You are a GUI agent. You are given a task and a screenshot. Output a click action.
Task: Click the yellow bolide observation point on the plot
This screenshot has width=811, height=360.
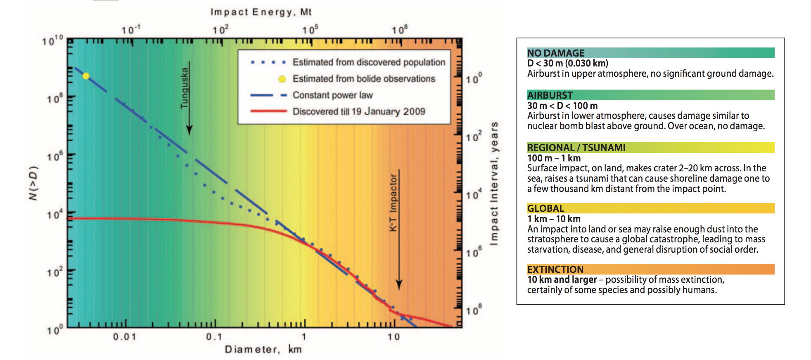pos(86,76)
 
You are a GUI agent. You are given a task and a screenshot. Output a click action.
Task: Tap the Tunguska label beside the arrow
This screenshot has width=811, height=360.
pos(184,88)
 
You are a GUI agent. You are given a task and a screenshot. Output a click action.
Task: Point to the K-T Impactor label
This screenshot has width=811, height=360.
pos(393,202)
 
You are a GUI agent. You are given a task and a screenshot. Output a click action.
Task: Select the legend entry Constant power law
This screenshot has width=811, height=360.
pos(332,95)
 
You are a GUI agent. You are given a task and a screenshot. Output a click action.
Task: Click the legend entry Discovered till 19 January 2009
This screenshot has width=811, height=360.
pos(358,111)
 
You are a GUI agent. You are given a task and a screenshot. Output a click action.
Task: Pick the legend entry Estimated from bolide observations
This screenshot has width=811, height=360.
pos(363,79)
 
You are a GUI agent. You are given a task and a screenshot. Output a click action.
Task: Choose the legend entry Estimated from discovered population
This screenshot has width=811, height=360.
pos(369,62)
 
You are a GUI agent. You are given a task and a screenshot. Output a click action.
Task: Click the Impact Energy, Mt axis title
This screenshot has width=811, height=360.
pos(261,12)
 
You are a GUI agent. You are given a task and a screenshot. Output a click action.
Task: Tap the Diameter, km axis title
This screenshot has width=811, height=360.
pos(263,350)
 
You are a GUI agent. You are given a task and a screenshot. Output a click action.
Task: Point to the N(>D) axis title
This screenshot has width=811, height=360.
pos(33,183)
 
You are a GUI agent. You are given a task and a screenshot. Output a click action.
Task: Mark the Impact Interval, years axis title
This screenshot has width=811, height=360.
pos(494,184)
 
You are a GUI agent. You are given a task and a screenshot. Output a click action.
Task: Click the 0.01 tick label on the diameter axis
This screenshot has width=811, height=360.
pos(125,337)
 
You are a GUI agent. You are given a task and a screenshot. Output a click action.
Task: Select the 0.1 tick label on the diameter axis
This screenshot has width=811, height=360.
pos(214,337)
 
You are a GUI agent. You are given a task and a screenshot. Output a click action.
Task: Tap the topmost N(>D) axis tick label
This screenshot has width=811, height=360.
pos(52,40)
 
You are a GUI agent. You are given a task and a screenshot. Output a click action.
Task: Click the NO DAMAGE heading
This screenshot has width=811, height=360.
pos(556,53)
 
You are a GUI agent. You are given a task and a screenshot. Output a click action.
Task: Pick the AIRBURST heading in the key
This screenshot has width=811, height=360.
pos(550,95)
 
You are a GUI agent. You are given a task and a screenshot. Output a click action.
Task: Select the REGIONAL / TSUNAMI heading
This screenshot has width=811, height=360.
pos(576,148)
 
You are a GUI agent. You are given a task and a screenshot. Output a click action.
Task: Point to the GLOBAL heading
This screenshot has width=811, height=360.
pos(545,208)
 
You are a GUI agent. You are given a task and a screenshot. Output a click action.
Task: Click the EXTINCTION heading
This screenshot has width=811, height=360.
pos(555,270)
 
